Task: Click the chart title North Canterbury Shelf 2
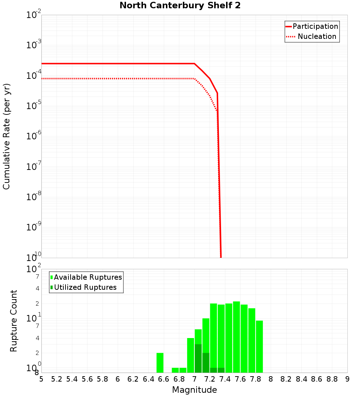pos(180,6)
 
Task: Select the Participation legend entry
pos(315,26)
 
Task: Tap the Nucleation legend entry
pos(317,36)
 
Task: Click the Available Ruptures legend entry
pos(88,277)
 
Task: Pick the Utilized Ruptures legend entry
pos(85,287)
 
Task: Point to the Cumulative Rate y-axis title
pos(6,136)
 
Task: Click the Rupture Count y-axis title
pos(14,321)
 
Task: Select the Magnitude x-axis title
pos(194,390)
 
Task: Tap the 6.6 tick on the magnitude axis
pos(164,379)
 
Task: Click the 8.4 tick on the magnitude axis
pos(301,379)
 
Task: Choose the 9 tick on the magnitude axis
pos(347,379)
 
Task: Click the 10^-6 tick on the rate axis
pos(34,136)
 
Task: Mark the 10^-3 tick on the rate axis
pos(34,45)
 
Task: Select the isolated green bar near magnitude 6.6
pos(160,363)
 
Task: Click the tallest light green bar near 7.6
pos(236,337)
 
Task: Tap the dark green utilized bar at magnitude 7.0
pos(198,358)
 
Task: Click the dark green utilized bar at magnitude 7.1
pos(206,363)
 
